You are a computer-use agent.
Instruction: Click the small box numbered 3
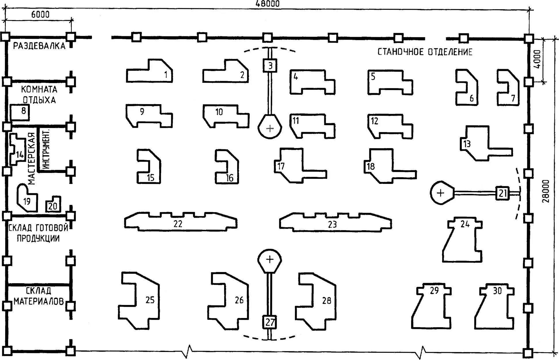(x=270, y=66)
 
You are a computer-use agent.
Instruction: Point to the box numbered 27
(x=270, y=322)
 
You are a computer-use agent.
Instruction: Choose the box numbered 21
(x=502, y=193)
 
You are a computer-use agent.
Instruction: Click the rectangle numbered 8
(x=20, y=112)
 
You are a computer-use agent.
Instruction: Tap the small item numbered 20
(x=53, y=205)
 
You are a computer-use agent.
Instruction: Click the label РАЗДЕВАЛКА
(x=39, y=46)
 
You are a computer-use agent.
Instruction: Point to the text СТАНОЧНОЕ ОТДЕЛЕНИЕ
(x=425, y=52)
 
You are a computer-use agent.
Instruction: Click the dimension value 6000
(x=40, y=14)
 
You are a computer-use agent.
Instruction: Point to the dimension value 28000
(x=546, y=191)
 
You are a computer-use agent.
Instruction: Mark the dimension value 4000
(x=537, y=59)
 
